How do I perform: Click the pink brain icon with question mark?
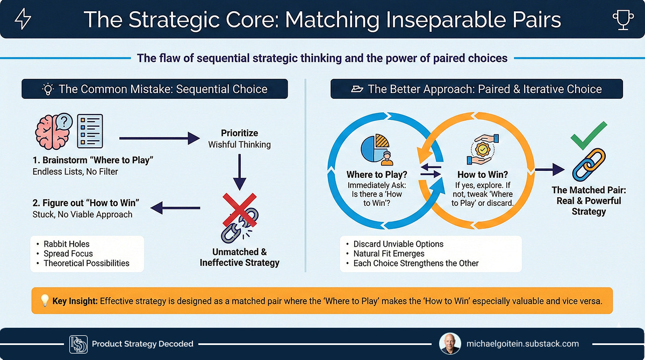(x=53, y=132)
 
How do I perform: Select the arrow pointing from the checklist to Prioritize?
(x=159, y=139)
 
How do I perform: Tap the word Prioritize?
(x=239, y=133)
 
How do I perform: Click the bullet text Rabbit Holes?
(x=67, y=244)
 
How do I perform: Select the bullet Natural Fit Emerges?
(x=389, y=254)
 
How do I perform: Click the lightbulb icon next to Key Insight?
(x=44, y=301)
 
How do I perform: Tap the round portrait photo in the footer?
(x=449, y=343)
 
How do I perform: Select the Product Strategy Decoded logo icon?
(x=78, y=344)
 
